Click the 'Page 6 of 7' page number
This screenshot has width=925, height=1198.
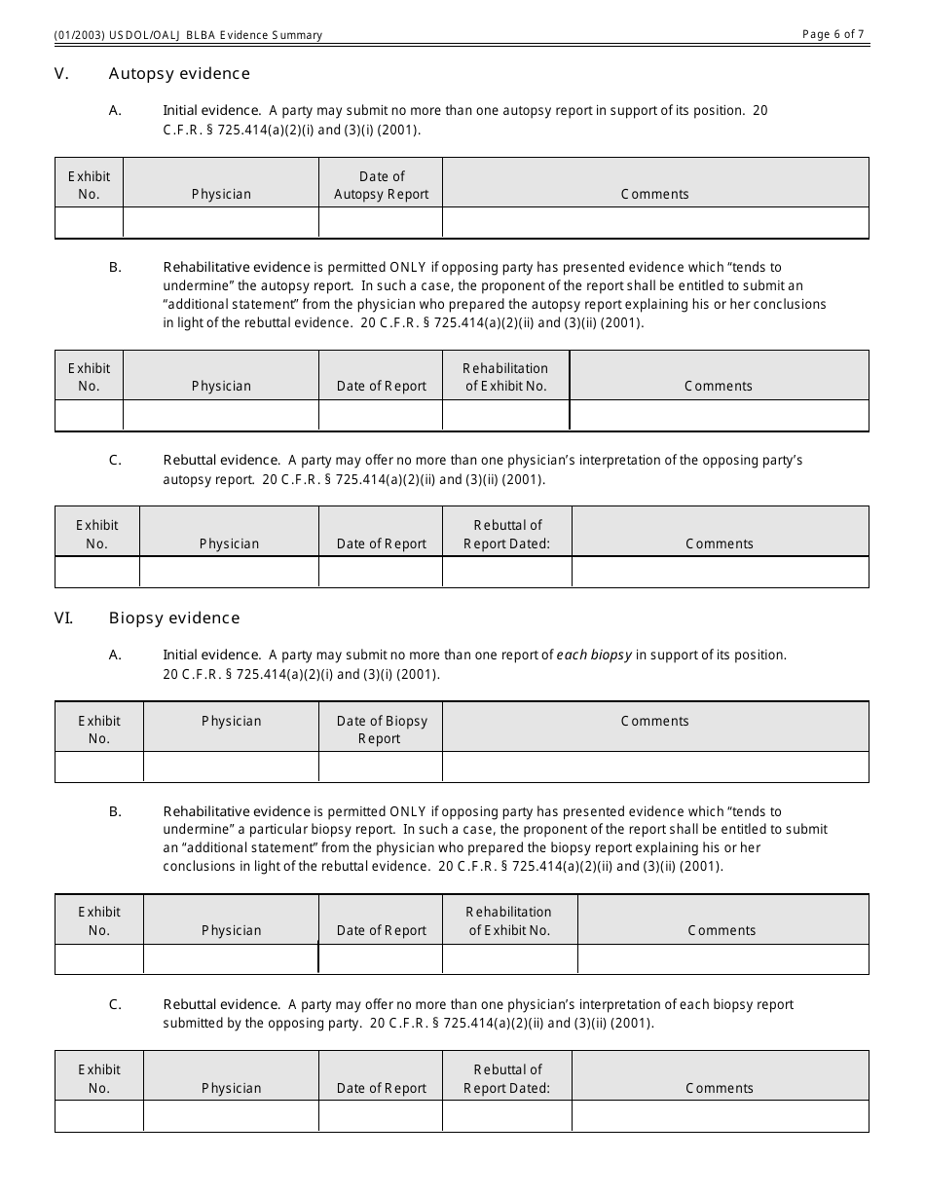(x=832, y=34)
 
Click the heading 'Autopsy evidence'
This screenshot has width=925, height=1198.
(x=179, y=74)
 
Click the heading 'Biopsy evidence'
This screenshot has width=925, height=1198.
(x=174, y=618)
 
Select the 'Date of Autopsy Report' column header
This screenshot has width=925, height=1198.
(x=381, y=185)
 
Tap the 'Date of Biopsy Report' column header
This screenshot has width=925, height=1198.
(x=381, y=730)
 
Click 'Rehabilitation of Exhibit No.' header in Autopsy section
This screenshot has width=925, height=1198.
(x=505, y=377)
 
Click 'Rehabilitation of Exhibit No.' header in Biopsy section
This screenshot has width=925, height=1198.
(x=509, y=920)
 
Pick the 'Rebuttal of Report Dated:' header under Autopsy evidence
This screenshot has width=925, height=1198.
(x=507, y=534)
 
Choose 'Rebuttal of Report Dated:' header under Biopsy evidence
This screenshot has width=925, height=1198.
(x=507, y=1078)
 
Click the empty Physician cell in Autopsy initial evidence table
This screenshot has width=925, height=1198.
(x=221, y=223)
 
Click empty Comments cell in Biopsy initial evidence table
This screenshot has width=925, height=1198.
(x=655, y=767)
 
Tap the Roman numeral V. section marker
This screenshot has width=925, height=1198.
(x=61, y=74)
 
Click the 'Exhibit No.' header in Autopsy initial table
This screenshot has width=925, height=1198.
(x=89, y=185)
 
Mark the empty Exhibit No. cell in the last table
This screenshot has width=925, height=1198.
(x=99, y=1116)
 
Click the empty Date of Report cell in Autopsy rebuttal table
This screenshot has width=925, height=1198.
(x=381, y=572)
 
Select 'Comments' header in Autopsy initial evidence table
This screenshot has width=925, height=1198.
(x=655, y=194)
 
